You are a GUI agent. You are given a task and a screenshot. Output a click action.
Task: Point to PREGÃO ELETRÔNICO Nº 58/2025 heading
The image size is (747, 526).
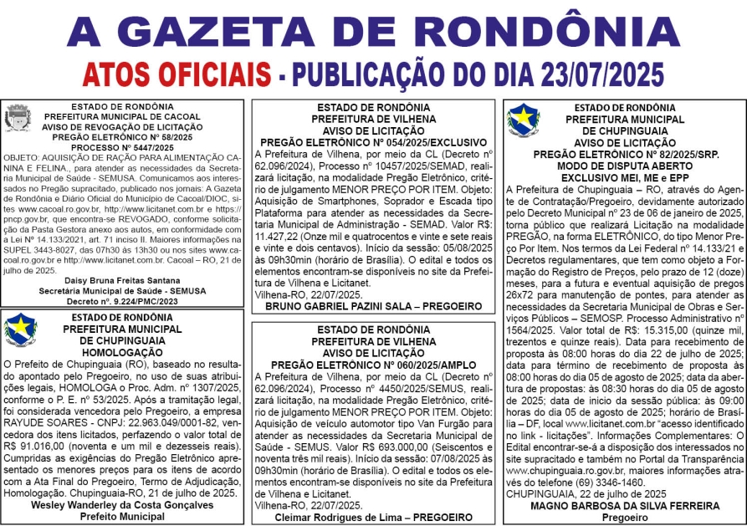click(x=123, y=136)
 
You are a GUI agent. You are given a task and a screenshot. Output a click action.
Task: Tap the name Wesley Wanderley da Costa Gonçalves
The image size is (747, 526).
click(x=123, y=505)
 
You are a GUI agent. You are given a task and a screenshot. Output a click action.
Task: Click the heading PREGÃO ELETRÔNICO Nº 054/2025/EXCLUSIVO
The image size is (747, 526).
click(x=374, y=142)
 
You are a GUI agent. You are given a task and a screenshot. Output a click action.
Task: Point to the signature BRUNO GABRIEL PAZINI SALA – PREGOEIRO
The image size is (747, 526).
click(x=374, y=306)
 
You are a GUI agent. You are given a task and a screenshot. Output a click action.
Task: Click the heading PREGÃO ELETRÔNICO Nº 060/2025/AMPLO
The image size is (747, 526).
click(x=374, y=365)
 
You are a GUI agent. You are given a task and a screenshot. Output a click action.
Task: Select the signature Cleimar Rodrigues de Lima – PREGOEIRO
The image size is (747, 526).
click(x=374, y=517)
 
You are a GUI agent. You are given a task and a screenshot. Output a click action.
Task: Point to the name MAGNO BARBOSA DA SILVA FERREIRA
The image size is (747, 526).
click(x=625, y=505)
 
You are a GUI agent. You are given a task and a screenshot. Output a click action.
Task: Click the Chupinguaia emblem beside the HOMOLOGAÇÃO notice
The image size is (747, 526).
click(x=20, y=330)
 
